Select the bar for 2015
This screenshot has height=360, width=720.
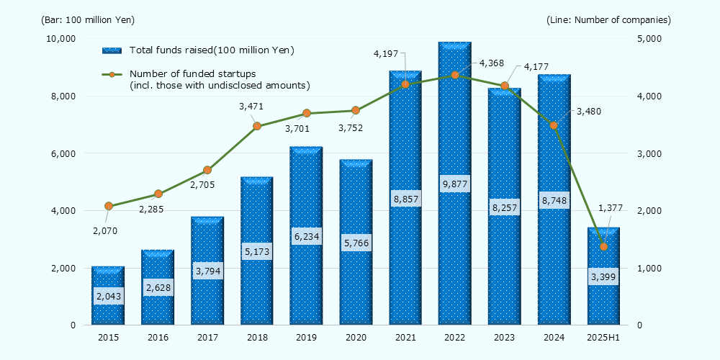click(108, 317)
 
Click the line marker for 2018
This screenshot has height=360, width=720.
click(257, 126)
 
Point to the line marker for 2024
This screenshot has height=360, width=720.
click(554, 125)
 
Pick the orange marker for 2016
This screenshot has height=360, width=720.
click(158, 194)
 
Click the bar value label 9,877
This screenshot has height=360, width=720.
click(454, 184)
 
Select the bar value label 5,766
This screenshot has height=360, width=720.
click(356, 244)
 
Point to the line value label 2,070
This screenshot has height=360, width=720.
click(105, 230)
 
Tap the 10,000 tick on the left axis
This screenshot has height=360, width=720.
click(62, 38)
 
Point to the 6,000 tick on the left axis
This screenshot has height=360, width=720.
click(65, 153)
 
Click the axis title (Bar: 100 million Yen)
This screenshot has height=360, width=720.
click(88, 19)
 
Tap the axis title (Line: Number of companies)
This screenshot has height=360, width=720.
click(608, 19)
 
